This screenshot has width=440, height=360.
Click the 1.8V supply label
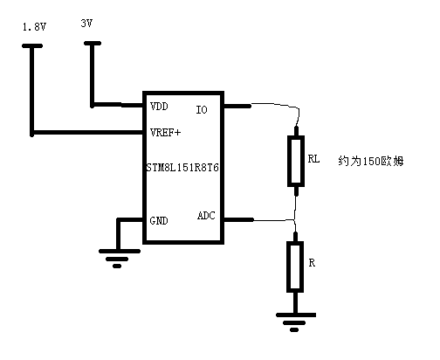34,27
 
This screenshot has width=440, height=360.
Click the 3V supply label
86,23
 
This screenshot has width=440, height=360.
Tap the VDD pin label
159,107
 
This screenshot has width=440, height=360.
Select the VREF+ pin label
165,133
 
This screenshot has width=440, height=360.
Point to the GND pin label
159,220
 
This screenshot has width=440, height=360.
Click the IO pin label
202,110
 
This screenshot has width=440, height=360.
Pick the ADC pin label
206,216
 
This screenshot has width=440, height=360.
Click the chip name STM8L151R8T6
182,168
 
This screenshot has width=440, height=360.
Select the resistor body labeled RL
296,161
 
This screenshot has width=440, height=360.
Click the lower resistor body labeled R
295,267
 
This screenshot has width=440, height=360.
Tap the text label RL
313,159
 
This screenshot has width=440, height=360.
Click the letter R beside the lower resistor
312,263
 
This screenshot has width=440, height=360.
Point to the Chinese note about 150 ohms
371,161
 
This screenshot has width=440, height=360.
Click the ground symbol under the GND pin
119,259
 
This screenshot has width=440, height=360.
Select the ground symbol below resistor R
296,322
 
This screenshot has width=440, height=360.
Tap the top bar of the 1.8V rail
32,45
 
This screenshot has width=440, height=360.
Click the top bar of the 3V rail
93,44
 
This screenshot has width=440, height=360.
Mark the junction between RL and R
294,219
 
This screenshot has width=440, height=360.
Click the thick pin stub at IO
237,106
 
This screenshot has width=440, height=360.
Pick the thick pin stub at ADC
238,219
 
